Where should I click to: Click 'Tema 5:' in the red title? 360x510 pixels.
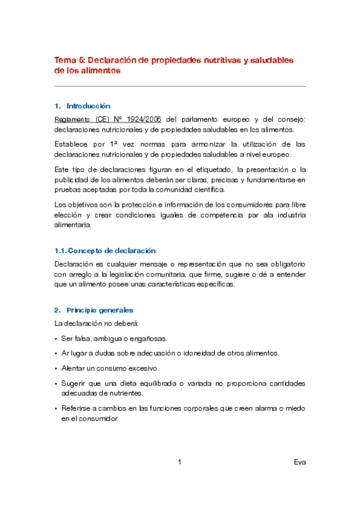70,60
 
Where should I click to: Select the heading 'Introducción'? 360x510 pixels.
88,106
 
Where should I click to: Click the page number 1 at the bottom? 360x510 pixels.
180,462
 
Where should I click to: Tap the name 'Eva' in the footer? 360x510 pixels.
300,462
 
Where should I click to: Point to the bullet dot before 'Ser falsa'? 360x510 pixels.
56,338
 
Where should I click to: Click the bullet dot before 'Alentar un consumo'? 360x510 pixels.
56,368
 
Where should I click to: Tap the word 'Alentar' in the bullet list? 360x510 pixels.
73,368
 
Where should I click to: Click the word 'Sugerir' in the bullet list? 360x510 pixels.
73,383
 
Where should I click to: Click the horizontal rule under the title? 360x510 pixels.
180,86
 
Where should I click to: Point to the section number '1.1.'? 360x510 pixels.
59,250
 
